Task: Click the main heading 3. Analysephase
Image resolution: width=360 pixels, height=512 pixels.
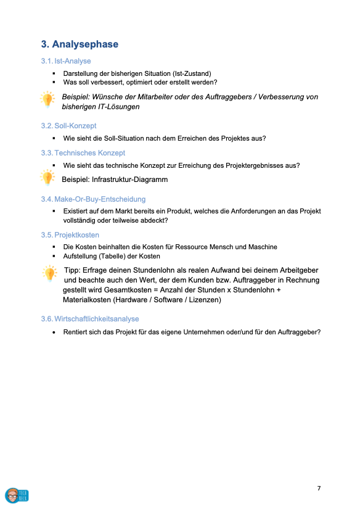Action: click(x=80, y=44)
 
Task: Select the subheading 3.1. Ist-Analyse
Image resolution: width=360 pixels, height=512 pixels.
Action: click(x=66, y=61)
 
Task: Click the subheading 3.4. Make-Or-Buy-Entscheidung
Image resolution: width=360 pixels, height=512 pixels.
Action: click(x=93, y=199)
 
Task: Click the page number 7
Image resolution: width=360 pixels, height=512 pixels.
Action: click(x=319, y=489)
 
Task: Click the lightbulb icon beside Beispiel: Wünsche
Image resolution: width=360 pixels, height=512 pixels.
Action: click(x=47, y=99)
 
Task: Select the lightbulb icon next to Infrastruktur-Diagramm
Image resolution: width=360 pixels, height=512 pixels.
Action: click(x=47, y=178)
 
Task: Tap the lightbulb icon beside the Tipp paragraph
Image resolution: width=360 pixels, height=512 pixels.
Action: click(x=49, y=273)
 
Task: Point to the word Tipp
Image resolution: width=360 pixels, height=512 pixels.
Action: click(x=73, y=270)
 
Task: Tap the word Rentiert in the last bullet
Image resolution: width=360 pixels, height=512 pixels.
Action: click(x=78, y=332)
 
